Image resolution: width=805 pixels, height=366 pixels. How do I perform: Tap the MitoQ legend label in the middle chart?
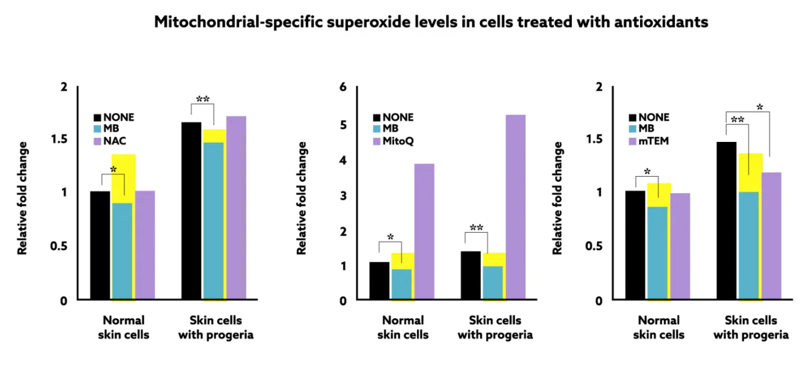click(398, 141)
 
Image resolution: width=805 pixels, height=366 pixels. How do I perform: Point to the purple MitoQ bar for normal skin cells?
click(424, 231)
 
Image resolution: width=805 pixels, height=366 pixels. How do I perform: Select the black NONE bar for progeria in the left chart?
click(191, 211)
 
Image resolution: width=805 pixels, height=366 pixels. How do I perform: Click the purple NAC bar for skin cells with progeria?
click(236, 208)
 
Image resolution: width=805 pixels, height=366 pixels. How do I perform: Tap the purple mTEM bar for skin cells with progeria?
click(771, 236)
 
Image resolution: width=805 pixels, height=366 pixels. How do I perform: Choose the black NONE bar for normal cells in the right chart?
click(635, 245)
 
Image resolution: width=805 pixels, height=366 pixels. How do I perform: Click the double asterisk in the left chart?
click(203, 100)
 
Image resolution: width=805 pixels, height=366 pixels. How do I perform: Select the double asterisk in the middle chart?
click(476, 227)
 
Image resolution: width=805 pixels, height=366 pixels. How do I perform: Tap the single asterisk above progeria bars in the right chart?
click(759, 106)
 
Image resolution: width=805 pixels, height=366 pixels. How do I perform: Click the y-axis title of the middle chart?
click(302, 198)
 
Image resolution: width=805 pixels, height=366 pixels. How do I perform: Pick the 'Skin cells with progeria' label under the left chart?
click(216, 327)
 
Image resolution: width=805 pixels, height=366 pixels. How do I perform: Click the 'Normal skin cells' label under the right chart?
click(659, 327)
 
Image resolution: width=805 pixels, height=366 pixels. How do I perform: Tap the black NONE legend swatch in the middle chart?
click(377, 118)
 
